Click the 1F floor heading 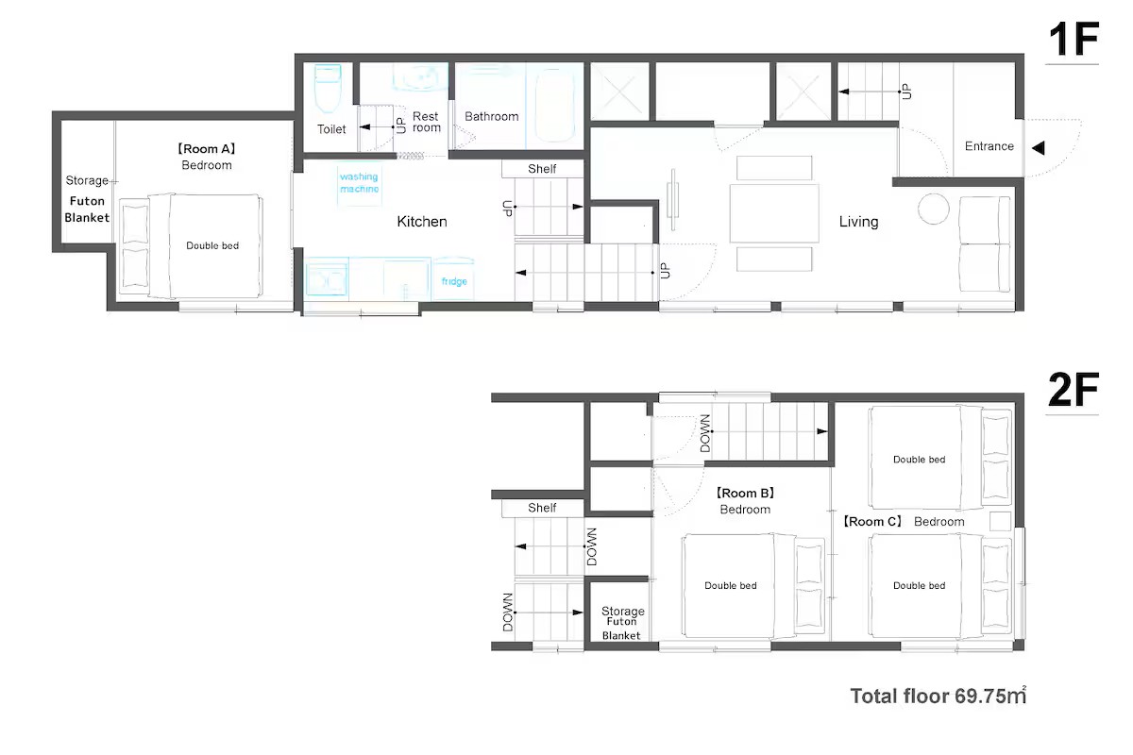[1074, 39]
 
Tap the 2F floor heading [1074, 389]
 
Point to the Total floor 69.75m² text [939, 696]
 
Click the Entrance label [989, 146]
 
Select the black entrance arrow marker [1038, 147]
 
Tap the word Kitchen [422, 222]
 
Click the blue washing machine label [359, 182]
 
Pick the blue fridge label [454, 281]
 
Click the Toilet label [331, 129]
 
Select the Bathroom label [492, 116]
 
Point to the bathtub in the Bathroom [554, 106]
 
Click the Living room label [858, 222]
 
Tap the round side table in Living [933, 209]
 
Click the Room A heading [207, 149]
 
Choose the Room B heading [745, 493]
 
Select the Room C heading [872, 521]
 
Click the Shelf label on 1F [542, 169]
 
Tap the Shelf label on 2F [542, 508]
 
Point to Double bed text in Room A [212, 245]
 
